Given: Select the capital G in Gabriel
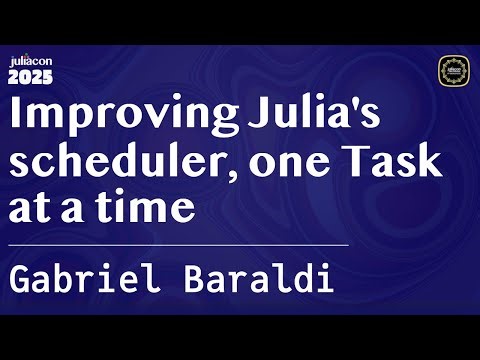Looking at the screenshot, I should click(x=20, y=279).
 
